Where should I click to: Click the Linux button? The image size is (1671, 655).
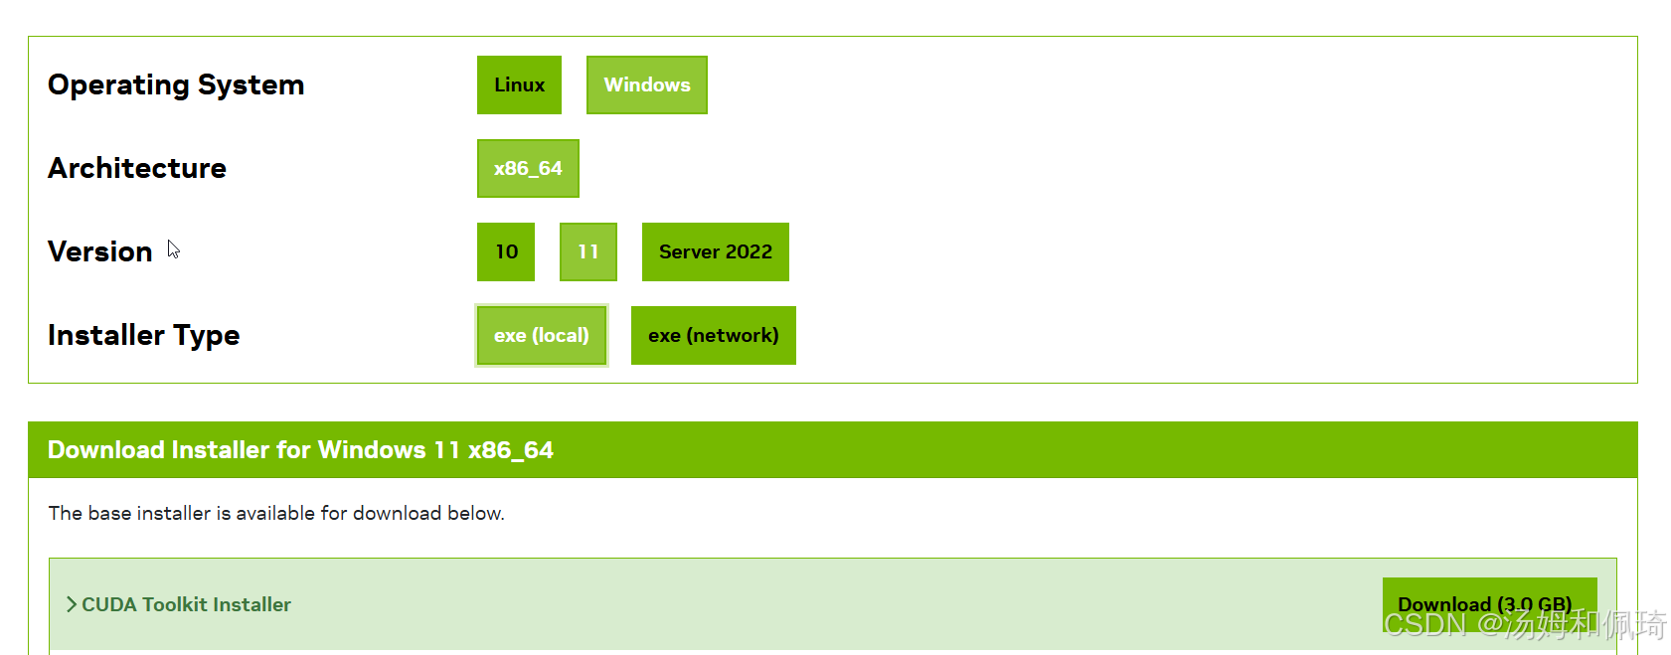519,85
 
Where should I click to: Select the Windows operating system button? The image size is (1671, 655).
646,85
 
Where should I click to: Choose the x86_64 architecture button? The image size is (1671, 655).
528,169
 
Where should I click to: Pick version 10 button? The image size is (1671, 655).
506,252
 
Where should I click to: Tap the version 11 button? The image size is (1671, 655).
588,252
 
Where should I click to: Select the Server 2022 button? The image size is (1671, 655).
715,252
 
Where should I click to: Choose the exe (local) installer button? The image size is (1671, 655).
541,336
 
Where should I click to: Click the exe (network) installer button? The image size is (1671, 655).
713,336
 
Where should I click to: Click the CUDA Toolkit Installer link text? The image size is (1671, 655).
186,604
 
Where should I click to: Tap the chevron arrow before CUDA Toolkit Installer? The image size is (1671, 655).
71,604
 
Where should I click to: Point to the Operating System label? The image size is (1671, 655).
176,85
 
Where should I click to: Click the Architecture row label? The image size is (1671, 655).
137,169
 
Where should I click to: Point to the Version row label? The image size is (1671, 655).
100,252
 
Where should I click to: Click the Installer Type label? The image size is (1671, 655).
144,336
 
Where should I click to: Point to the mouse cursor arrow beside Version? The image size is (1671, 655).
173,248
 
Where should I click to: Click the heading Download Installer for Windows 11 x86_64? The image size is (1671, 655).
300,450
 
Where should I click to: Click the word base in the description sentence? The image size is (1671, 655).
109,514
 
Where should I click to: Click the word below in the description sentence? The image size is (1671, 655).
475,514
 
